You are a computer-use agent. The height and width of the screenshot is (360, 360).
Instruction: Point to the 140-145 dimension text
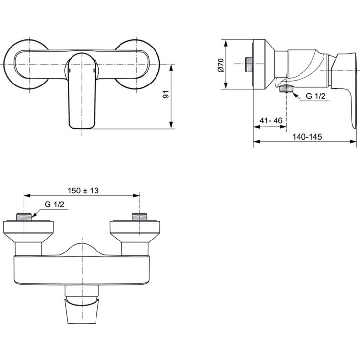click(307, 136)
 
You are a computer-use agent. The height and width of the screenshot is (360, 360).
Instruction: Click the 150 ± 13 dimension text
click(83, 191)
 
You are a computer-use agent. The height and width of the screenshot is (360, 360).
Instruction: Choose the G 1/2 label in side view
click(317, 96)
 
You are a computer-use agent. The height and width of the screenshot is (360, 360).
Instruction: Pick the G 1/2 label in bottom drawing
click(55, 204)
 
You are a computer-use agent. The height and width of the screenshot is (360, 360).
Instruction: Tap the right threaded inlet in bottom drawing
click(139, 216)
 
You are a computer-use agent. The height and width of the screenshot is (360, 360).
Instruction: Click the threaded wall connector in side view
click(249, 63)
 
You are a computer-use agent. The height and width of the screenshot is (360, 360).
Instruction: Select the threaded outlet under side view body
click(287, 88)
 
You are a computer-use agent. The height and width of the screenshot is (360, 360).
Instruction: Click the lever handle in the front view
click(82, 91)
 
